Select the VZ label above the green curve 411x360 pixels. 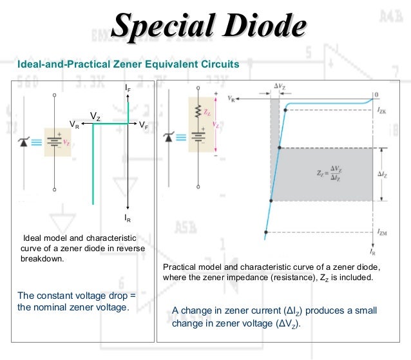[x=95, y=117]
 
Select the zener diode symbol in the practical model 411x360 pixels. [x=169, y=137]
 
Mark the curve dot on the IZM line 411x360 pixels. [x=265, y=231]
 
